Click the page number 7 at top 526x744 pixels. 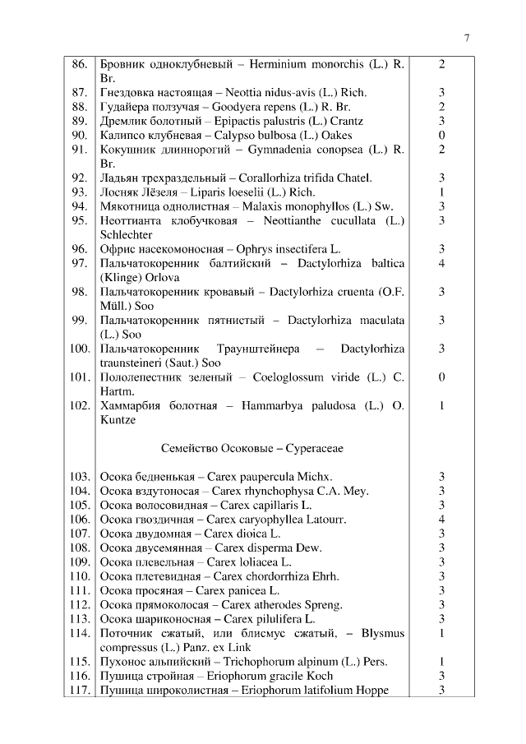coord(467,38)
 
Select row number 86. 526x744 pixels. coord(80,64)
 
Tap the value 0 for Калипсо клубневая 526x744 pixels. coord(441,135)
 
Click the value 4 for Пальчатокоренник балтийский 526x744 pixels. coord(441,263)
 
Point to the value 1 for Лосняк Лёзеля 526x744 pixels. coord(441,192)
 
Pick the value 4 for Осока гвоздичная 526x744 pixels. coord(441,520)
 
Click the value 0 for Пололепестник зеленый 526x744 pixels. coord(441,377)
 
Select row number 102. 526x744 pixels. coord(78,405)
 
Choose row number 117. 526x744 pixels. coord(78,690)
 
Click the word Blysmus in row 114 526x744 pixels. coord(382,633)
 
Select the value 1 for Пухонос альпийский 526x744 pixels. coord(441,662)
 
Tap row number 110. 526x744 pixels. coord(78,576)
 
